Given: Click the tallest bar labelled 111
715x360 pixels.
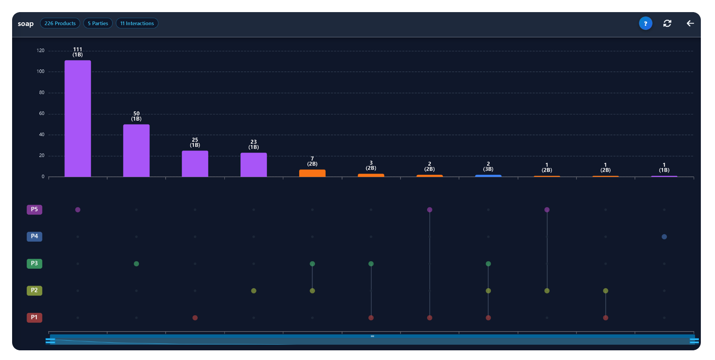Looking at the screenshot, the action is pyautogui.click(x=78, y=118).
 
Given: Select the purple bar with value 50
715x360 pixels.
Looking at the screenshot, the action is pyautogui.click(x=136, y=151).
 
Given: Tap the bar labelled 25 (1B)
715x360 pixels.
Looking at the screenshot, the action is pyautogui.click(x=195, y=163).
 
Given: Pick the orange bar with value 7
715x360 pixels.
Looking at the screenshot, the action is pyautogui.click(x=312, y=173).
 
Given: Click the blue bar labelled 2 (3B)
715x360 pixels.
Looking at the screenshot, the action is pyautogui.click(x=488, y=176).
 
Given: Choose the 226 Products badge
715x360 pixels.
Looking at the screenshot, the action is pyautogui.click(x=60, y=23).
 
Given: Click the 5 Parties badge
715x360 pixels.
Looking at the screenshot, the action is pyautogui.click(x=98, y=23).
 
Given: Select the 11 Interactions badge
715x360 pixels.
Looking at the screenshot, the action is pyautogui.click(x=137, y=23).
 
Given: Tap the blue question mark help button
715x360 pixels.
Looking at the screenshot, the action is pyautogui.click(x=646, y=23).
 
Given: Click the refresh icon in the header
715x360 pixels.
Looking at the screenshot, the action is pyautogui.click(x=667, y=23).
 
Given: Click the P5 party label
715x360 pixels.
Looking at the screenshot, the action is pyautogui.click(x=34, y=209).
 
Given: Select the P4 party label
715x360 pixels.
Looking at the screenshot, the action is pyautogui.click(x=34, y=237).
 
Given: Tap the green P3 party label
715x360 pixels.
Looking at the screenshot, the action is pyautogui.click(x=34, y=264).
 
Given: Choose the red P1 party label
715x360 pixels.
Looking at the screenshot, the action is pyautogui.click(x=34, y=318).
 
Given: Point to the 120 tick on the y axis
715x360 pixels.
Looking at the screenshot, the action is pyautogui.click(x=40, y=50).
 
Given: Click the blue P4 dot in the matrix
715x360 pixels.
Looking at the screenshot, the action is pyautogui.click(x=664, y=237).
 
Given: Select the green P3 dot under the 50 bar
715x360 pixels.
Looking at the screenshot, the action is pyautogui.click(x=136, y=264).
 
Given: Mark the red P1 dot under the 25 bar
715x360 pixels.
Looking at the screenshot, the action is pyautogui.click(x=195, y=318).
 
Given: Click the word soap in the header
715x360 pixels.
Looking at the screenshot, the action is pyautogui.click(x=25, y=24).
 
